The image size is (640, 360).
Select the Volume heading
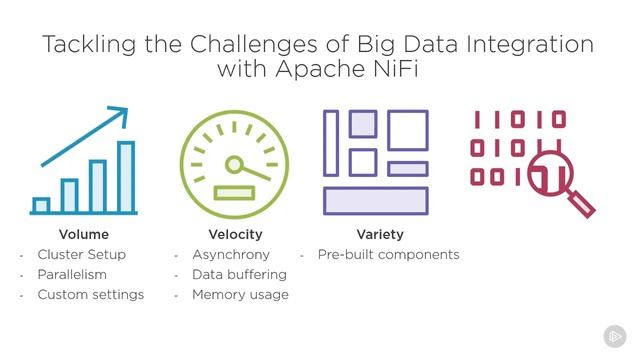tap(84, 234)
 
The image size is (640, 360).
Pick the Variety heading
tap(379, 234)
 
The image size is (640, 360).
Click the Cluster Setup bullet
tap(83, 254)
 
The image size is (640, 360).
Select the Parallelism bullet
tap(72, 274)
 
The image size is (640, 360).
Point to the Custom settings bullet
tap(91, 294)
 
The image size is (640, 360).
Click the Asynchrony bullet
tap(231, 254)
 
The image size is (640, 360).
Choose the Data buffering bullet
tap(239, 274)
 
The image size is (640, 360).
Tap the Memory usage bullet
tap(240, 294)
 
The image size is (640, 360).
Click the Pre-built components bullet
tap(388, 254)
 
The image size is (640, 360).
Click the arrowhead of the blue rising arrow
tap(122, 112)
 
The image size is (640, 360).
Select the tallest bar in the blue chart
tap(126, 177)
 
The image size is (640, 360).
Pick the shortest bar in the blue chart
tap(41, 205)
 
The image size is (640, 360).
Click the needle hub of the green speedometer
tap(236, 164)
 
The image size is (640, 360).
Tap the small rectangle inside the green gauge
tap(235, 191)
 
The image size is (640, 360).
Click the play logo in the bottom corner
tap(614, 336)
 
